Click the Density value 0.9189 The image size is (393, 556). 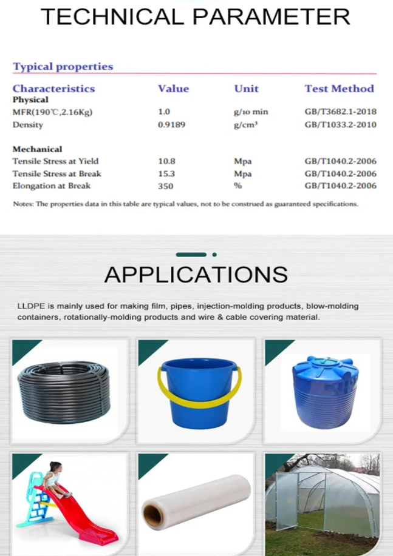pos(171,125)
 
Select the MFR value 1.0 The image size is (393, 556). pos(164,112)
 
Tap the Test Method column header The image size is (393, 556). pos(339,89)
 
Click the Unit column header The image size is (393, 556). pos(247,89)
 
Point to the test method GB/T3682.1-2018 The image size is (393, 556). pos(340,112)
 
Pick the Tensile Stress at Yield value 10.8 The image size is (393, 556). pos(166,162)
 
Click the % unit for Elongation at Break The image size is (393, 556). pos(238,186)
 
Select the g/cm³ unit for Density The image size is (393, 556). pos(246,125)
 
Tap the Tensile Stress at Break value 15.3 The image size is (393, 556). pos(166,174)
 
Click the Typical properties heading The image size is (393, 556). pos(63,67)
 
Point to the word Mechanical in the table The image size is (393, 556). pos(37,149)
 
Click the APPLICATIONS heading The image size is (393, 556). pos(196,275)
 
